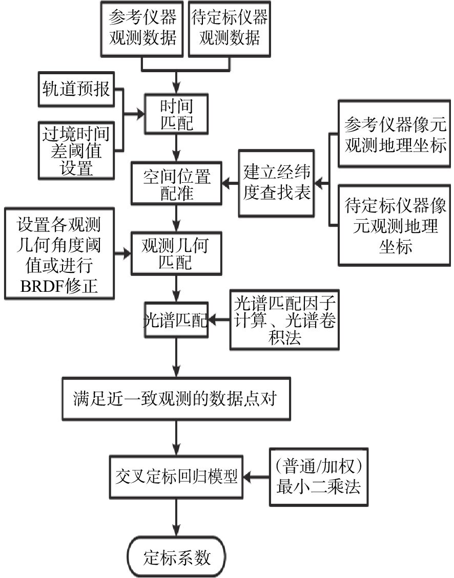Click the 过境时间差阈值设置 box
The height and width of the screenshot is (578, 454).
[x=76, y=151]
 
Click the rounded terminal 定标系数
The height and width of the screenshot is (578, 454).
[x=176, y=557]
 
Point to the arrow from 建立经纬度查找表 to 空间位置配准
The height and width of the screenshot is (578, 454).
[x=230, y=182]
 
